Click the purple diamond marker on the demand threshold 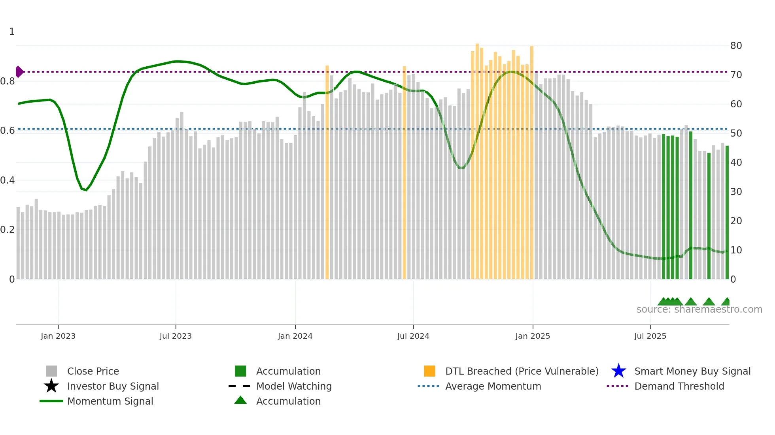tap(19, 72)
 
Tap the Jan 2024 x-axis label tap(295, 336)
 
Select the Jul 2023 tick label tap(176, 336)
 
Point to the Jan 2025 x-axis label tap(533, 336)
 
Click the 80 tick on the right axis tap(736, 46)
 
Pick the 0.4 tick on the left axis tap(8, 180)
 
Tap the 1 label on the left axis tap(12, 32)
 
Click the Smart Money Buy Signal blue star tap(618, 371)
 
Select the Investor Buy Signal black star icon tap(51, 386)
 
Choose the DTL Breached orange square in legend tap(429, 371)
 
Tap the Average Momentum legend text tap(493, 386)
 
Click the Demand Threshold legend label tap(679, 386)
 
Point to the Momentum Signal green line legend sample tap(51, 401)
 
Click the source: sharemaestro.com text tap(699, 309)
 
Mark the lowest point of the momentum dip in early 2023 tap(86, 190)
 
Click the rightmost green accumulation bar tap(727, 213)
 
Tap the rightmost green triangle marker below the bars tap(726, 302)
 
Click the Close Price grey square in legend tap(51, 371)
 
